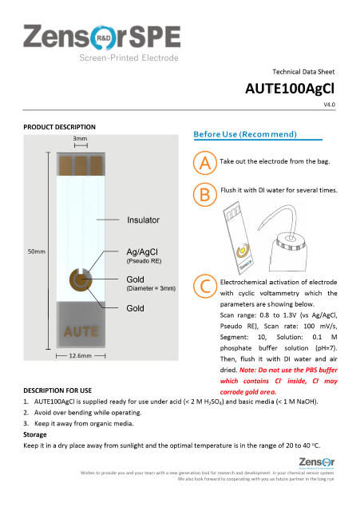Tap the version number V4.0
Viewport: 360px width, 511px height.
(329, 105)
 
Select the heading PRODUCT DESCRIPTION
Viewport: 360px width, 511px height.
(60, 127)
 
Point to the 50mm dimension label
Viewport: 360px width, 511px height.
(37, 252)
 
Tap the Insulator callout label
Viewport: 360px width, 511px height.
(143, 220)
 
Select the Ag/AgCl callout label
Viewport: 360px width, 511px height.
(144, 251)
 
